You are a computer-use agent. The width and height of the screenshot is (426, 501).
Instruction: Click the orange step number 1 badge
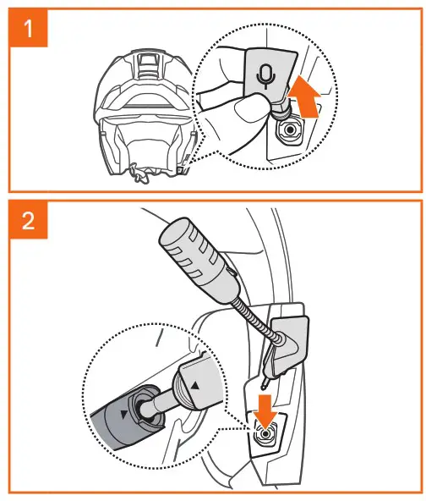pyautogui.click(x=29, y=29)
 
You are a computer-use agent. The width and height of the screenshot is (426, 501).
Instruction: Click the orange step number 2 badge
pyautogui.click(x=29, y=220)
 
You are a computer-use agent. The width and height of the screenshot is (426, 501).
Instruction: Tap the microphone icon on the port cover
pyautogui.click(x=265, y=77)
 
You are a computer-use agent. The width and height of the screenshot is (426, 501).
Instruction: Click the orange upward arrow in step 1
pyautogui.click(x=304, y=96)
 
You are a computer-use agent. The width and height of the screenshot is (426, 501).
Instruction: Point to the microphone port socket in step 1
pyautogui.click(x=290, y=129)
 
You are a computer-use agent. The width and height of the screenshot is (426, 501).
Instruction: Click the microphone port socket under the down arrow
pyautogui.click(x=265, y=434)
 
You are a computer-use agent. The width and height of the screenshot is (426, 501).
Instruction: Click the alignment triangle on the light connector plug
pyautogui.click(x=195, y=386)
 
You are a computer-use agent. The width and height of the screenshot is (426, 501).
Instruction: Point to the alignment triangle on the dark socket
pyautogui.click(x=123, y=415)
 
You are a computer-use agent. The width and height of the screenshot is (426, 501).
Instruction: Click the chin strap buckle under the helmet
pyautogui.click(x=140, y=174)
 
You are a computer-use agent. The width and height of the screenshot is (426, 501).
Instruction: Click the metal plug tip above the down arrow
pyautogui.click(x=265, y=383)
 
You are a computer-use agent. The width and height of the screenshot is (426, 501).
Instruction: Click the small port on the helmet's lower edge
pyautogui.click(x=181, y=170)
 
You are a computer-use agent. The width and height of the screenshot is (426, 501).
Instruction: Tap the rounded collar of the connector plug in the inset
pyautogui.click(x=182, y=390)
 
